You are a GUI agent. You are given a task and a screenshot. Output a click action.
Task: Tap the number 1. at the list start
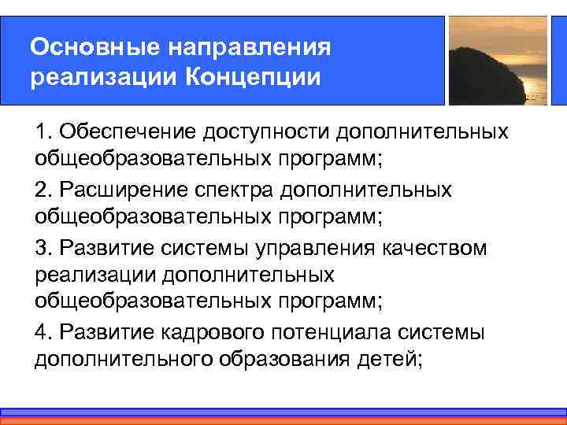tap(43, 131)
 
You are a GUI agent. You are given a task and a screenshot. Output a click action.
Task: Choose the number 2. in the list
tap(43, 190)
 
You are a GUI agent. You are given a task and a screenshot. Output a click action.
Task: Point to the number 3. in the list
tap(43, 248)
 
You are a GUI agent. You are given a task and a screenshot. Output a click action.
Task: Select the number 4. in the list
tap(43, 331)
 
